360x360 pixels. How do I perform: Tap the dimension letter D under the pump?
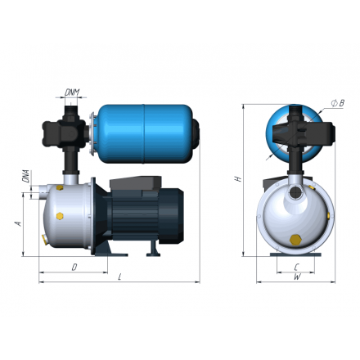[x=74, y=267]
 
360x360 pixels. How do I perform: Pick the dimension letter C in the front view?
[x=295, y=268]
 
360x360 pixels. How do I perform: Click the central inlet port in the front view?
[x=294, y=195]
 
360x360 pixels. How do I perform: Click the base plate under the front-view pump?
[x=295, y=256]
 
